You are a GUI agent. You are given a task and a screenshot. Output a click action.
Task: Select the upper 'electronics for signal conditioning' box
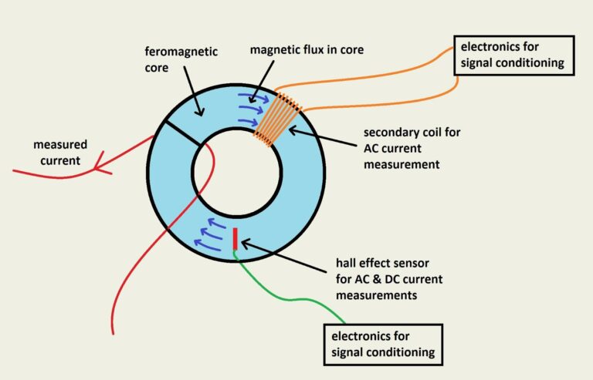pyautogui.click(x=513, y=55)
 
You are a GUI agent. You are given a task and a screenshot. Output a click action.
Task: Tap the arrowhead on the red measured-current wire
pyautogui.click(x=98, y=163)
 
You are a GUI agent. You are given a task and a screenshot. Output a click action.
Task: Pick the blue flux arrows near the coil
pyautogui.click(x=251, y=108)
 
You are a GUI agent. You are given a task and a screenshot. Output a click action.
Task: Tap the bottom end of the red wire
pyautogui.click(x=114, y=331)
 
